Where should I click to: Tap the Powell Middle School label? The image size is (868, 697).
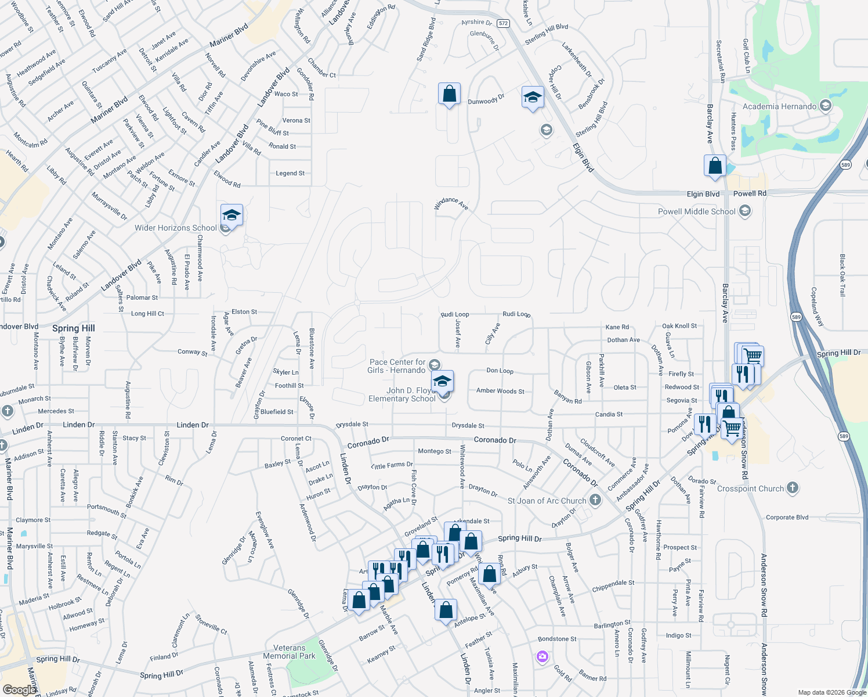[x=696, y=211]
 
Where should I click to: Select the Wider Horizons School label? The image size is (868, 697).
[x=175, y=228]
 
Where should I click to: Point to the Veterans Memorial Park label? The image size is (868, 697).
[x=289, y=652]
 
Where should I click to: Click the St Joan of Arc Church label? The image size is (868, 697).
[x=547, y=501]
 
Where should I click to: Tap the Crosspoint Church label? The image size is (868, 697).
[x=750, y=488]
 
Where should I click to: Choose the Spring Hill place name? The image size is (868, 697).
[x=73, y=328]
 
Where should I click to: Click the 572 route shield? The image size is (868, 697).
[x=503, y=24]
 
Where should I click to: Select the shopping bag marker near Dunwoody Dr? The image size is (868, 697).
[x=449, y=94]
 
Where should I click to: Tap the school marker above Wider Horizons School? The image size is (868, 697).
[x=231, y=215]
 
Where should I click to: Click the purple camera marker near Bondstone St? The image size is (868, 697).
[x=542, y=657]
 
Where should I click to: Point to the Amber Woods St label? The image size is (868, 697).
[x=500, y=391]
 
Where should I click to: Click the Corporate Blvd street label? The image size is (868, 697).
[x=787, y=517]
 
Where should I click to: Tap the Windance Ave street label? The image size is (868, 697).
[x=451, y=203]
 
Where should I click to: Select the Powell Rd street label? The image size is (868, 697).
[x=750, y=193]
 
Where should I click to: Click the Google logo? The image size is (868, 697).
[x=20, y=689]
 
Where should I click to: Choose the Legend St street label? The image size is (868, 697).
[x=290, y=173]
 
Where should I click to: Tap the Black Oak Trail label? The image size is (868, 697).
[x=842, y=275]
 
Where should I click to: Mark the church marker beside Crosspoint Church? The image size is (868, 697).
[x=793, y=488]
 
